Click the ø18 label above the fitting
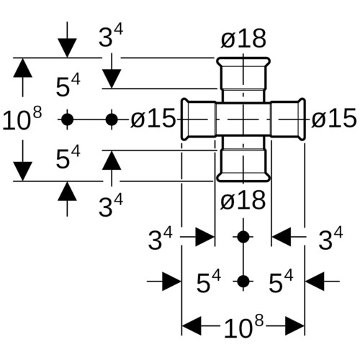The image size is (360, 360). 243,38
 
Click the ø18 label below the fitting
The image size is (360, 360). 243,200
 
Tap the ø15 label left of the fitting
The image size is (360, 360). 153,118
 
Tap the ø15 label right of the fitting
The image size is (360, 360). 334,117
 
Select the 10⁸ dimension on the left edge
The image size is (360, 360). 22,119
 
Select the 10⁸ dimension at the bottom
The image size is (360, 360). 243,326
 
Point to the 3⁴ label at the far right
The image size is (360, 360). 330,238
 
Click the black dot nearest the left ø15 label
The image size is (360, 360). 112,120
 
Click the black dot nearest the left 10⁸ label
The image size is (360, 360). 67,120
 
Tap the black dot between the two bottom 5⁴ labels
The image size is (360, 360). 243,282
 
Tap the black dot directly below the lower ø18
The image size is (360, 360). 243,237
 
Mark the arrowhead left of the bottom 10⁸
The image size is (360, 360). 192,326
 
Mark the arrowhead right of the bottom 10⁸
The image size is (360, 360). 295,326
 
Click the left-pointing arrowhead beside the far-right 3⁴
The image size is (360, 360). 282,237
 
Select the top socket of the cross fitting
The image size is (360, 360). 243,73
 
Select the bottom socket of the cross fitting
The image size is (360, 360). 243,166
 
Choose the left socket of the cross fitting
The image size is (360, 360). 198,119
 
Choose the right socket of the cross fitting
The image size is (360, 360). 288,119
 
